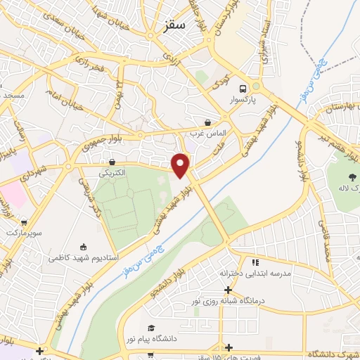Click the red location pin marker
[x=181, y=165]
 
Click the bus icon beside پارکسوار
[x=243, y=89]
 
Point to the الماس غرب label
[x=207, y=133]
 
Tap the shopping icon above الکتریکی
[x=112, y=162]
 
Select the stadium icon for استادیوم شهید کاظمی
[x=84, y=247]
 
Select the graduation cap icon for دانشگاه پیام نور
[x=150, y=328]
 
